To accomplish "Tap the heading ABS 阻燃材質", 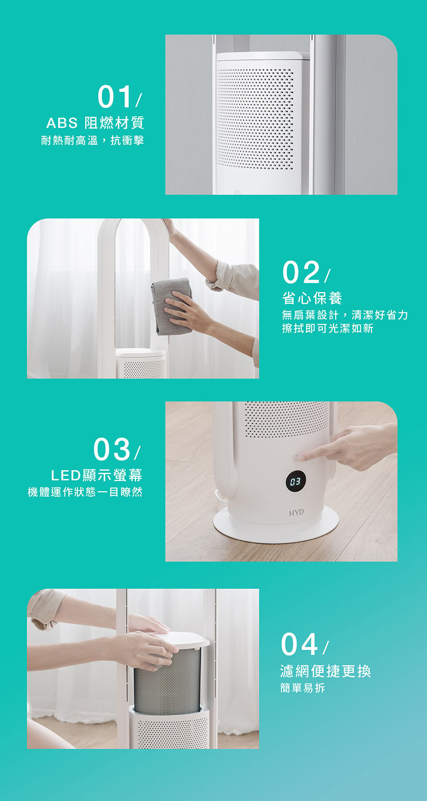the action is coord(95,123).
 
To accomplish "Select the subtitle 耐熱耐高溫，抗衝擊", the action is coord(92,140).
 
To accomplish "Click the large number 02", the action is coord(301,272).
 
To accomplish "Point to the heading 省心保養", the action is coord(312,298).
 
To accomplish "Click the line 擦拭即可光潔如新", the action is coord(328,328).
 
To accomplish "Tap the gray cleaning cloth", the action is coord(172,307).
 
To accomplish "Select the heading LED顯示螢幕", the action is coord(97,475).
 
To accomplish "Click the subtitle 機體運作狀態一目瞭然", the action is coord(85,492).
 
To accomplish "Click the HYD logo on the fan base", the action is coord(296,513).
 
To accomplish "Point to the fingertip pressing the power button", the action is coord(300,458).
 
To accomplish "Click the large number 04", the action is coord(299,644).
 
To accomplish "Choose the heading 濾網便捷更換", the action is coord(326,671).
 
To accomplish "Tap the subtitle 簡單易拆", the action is coord(302,688).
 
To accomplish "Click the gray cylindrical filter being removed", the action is coord(167,681).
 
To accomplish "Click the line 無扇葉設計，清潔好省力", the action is coord(345,315).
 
